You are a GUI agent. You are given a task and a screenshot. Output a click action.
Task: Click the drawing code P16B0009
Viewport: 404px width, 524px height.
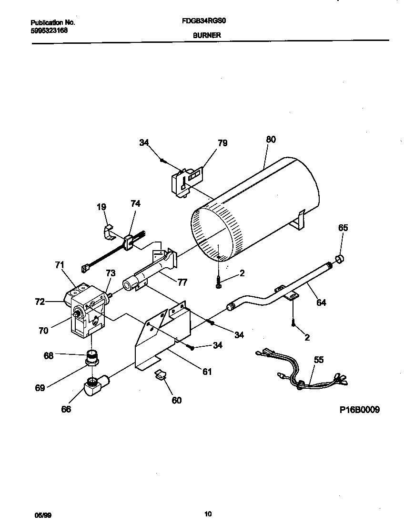coord(360,410)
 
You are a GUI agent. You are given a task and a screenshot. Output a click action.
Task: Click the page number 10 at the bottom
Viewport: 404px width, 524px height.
coord(208,514)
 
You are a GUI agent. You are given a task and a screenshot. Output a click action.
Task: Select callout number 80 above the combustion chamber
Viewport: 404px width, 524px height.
coord(271,140)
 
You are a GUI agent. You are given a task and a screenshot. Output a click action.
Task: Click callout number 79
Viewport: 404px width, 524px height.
coord(222,143)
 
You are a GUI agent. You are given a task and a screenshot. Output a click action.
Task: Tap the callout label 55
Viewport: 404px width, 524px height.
coord(318,360)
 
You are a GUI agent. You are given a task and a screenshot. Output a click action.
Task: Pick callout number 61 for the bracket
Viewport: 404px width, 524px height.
coord(207,372)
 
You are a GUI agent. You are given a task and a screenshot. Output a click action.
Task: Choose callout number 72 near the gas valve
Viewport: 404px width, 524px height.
coord(40,302)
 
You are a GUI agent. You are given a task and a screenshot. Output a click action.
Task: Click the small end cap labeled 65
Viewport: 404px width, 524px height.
coord(340,259)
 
